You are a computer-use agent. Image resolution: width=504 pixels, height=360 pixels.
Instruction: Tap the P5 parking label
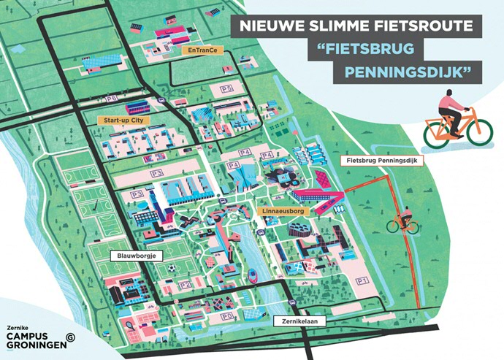tap(227, 88)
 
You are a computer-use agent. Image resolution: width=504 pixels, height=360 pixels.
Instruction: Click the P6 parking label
tap(112, 97)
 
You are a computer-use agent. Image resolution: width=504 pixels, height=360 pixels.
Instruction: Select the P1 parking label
tap(360, 280)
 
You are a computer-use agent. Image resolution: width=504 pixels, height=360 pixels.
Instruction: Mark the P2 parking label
tap(186, 285)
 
